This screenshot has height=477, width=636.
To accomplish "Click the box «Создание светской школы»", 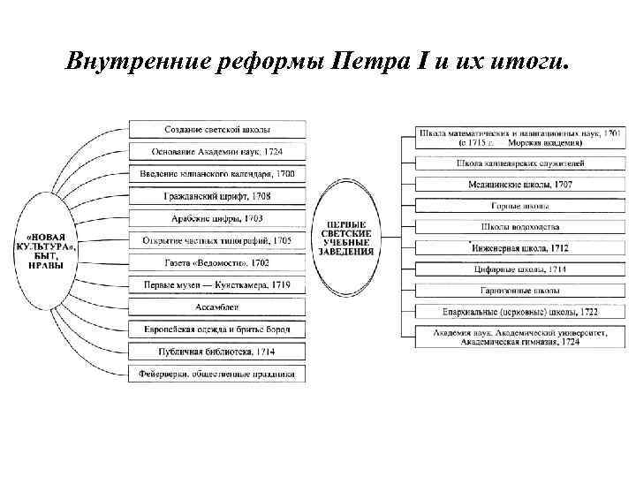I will [218, 130].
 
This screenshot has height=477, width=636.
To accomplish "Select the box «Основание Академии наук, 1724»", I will [218, 152].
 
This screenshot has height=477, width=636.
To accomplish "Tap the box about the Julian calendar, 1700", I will [218, 174].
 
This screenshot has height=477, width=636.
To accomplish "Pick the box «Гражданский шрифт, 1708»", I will [218, 196].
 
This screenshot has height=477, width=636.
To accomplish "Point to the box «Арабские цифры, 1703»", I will [218, 218].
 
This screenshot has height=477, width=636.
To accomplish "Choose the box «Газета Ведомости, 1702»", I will [218, 262].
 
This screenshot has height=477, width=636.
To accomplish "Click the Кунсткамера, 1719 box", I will [218, 284].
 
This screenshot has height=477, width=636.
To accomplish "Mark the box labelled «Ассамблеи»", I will [218, 307].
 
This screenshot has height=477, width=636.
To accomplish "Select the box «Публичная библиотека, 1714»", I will [218, 352].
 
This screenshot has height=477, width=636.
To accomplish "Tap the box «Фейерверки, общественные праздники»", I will [218, 374].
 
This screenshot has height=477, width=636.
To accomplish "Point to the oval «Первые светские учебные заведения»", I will [352, 238].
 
